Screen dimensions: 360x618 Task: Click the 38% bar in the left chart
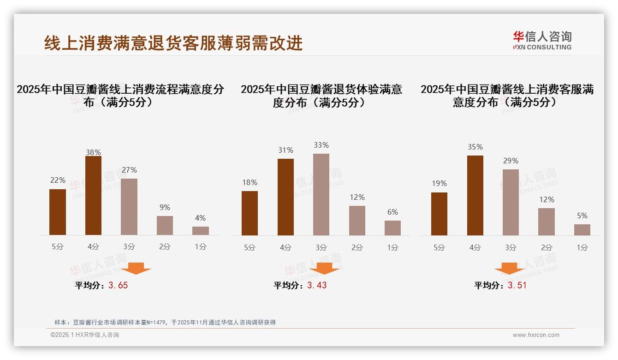click(x=93, y=196)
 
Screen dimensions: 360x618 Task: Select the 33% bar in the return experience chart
click(x=321, y=194)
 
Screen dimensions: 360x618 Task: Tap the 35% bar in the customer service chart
click(x=475, y=195)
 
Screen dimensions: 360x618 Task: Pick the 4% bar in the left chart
click(x=201, y=231)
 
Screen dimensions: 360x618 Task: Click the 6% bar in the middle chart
click(x=392, y=228)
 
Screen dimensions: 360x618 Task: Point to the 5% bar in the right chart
click(x=582, y=230)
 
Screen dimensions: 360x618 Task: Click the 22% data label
click(x=58, y=180)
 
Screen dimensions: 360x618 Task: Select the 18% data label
click(x=250, y=182)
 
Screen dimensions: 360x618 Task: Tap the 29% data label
click(x=511, y=161)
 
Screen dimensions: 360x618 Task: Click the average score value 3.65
click(x=118, y=285)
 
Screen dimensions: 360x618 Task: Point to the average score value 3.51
click(x=517, y=285)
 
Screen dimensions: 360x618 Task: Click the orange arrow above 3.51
click(x=509, y=269)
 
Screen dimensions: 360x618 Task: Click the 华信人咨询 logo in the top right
click(x=542, y=40)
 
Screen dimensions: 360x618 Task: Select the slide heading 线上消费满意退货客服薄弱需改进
click(x=173, y=43)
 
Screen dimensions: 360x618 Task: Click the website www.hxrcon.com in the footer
click(x=536, y=335)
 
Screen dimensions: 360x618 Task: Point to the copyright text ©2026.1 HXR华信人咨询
click(x=85, y=335)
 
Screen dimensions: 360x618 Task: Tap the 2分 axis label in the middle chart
click(x=357, y=247)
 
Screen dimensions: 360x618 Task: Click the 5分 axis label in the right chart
click(x=439, y=247)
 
